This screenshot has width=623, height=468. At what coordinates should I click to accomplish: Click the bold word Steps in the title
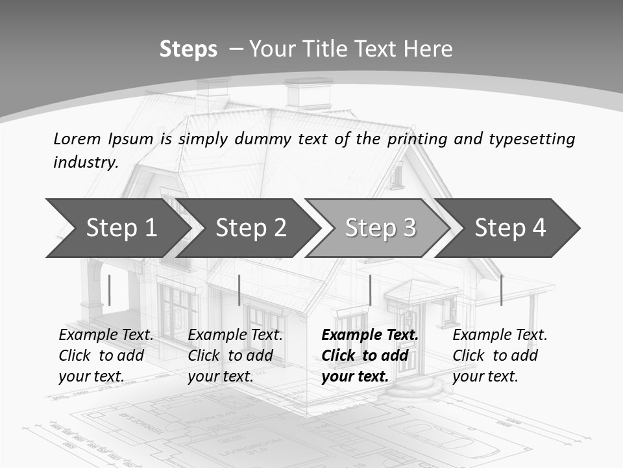pos(188,49)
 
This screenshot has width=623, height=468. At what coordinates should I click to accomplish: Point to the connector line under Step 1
pos(110,290)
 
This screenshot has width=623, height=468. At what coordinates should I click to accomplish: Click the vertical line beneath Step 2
pos(239,290)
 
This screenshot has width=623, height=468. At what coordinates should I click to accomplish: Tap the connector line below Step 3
pos(370,290)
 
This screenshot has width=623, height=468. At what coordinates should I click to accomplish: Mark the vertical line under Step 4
pos(501,290)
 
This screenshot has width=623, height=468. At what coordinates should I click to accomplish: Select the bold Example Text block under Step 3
pos(369,356)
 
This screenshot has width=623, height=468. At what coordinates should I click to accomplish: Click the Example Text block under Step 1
pos(106,356)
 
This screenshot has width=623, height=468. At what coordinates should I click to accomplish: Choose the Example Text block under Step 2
pos(235,356)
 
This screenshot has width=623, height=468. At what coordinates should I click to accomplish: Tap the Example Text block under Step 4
pos(500,356)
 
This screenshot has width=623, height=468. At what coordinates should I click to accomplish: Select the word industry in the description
pos(85,162)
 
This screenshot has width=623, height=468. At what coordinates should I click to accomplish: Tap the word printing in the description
pos(417,139)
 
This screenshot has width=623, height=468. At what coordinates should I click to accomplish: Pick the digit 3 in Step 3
pos(409,227)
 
